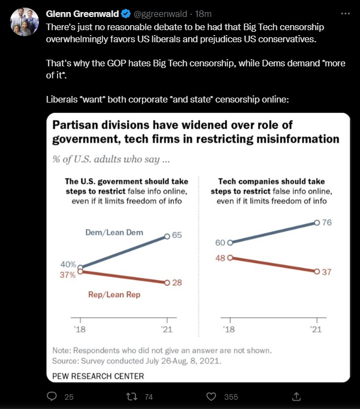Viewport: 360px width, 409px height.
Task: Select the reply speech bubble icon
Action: (52, 396)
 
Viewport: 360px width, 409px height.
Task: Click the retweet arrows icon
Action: (131, 396)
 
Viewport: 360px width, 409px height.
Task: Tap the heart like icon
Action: (211, 396)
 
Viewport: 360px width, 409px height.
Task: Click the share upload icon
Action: (296, 396)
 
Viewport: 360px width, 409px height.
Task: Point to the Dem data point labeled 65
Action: (167, 236)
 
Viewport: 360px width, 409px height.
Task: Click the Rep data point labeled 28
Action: (167, 282)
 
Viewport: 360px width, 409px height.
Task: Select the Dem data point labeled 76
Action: (317, 223)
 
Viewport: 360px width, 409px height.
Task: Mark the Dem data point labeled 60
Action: (230, 242)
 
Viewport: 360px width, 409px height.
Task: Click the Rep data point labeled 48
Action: (230, 257)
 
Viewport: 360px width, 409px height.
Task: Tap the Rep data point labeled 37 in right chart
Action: (317, 271)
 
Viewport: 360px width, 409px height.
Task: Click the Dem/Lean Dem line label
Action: (114, 232)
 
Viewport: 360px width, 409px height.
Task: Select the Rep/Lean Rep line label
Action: (114, 295)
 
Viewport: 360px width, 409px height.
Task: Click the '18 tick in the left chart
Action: (80, 330)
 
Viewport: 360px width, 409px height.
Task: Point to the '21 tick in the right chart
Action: (316, 330)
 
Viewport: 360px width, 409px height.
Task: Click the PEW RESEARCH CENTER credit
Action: (98, 376)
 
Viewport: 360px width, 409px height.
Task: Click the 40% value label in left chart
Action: (68, 265)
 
